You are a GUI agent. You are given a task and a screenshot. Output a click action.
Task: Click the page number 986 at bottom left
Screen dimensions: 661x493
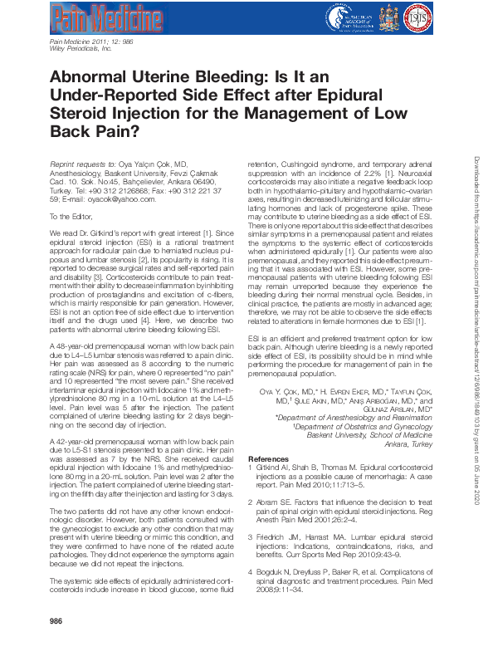(56, 644)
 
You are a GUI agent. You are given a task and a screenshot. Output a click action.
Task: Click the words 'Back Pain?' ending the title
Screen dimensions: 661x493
(95, 131)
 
